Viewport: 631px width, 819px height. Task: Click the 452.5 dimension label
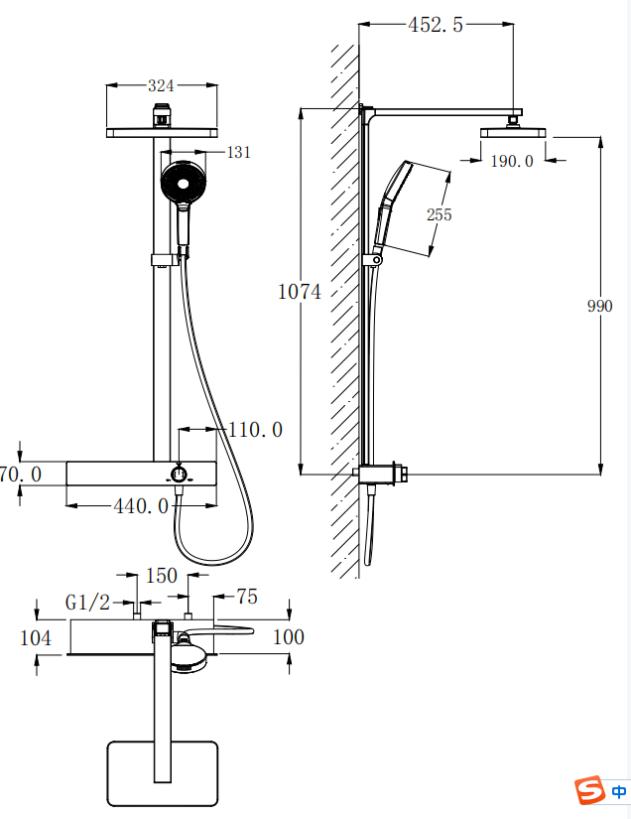(436, 25)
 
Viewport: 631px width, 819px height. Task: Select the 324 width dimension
(161, 85)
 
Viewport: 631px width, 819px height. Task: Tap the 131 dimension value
(239, 152)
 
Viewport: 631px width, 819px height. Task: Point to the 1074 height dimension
(299, 292)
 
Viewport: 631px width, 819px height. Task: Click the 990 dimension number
(599, 306)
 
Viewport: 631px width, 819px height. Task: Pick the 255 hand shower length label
(439, 214)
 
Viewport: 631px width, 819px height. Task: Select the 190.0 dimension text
(512, 161)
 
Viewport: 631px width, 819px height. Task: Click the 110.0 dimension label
(255, 430)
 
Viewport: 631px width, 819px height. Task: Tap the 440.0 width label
(142, 506)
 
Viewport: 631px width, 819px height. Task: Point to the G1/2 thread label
(87, 603)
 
